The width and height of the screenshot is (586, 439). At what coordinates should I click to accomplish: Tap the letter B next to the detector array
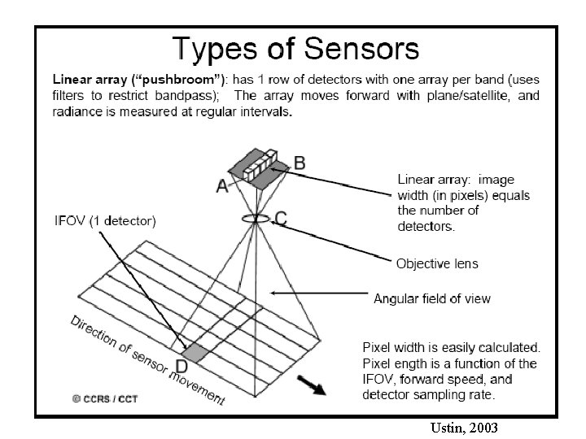click(300, 162)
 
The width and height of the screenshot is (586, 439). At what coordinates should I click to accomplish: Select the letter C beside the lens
click(280, 218)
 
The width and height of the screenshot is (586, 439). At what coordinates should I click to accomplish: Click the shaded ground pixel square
click(194, 352)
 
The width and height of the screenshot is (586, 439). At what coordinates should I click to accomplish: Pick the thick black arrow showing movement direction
click(313, 383)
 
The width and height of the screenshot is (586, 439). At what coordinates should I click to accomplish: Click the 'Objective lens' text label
click(437, 263)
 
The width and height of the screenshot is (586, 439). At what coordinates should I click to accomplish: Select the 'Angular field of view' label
click(432, 298)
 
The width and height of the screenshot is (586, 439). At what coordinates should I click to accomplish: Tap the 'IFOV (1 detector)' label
click(105, 219)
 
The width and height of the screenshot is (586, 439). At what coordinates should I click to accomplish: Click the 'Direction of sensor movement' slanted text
click(146, 359)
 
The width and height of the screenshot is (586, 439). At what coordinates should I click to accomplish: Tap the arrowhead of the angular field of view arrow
click(273, 293)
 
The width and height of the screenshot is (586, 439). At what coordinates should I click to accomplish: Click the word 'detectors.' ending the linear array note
click(426, 226)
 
